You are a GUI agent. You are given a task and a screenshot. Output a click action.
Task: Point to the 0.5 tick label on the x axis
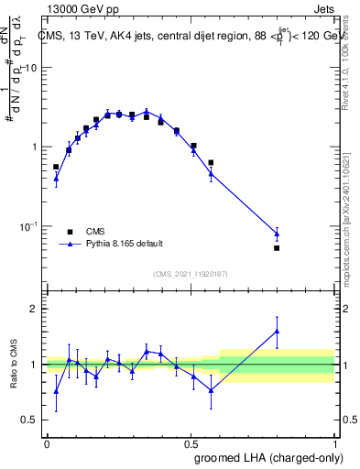[191, 442]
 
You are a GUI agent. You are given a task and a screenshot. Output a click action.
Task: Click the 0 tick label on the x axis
[47, 442]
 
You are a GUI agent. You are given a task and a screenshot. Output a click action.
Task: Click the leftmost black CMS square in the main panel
[56, 167]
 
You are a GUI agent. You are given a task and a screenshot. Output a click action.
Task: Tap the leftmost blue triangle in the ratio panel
[56, 391]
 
